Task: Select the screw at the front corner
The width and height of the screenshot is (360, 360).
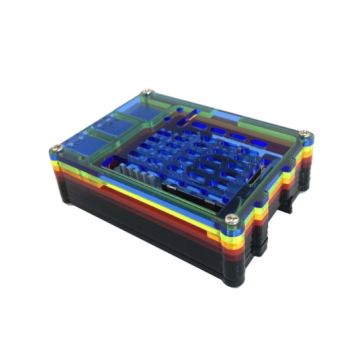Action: point(232,218)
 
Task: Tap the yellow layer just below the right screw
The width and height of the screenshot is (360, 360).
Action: point(304,151)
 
